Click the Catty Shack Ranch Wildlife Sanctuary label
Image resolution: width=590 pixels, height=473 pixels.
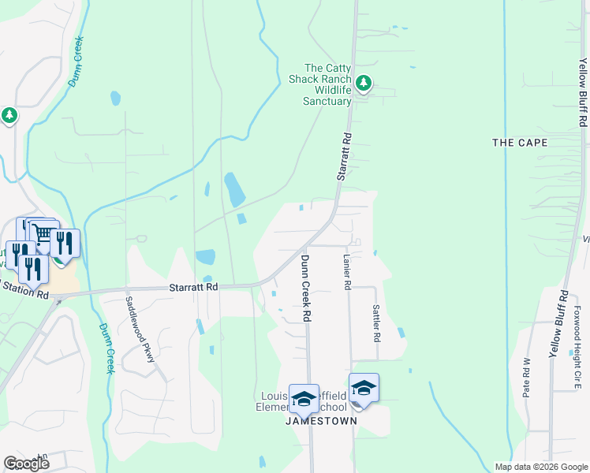point(327,84)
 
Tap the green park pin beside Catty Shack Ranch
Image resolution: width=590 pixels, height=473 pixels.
point(363,82)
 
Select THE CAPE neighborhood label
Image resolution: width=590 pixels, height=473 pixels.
point(519,143)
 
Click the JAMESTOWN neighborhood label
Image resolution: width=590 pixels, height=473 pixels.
point(321,421)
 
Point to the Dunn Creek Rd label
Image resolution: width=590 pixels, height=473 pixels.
point(304,287)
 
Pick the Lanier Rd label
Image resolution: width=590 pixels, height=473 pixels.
point(346,272)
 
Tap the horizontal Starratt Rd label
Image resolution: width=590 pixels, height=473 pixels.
point(193,288)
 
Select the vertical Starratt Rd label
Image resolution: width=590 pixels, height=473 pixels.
point(344,158)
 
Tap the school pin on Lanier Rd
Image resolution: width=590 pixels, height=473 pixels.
point(364,389)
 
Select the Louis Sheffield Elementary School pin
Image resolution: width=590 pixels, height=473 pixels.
point(304,400)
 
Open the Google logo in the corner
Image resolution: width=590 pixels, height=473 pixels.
point(26,464)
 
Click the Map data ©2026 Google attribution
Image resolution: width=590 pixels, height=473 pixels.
point(540,467)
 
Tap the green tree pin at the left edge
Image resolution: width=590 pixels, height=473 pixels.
point(9,116)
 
